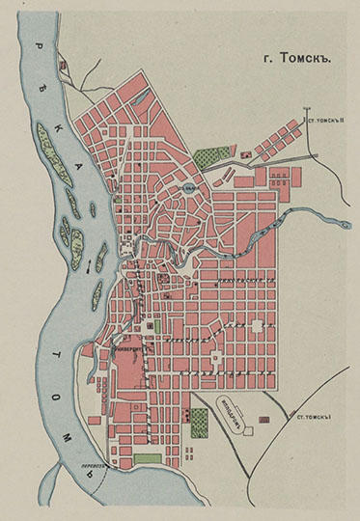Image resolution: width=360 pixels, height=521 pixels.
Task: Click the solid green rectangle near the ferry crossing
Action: [x=147, y=458]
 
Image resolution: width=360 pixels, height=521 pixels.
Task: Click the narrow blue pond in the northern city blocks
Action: [x=141, y=97]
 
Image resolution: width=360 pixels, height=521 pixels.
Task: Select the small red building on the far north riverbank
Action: [x=65, y=65]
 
